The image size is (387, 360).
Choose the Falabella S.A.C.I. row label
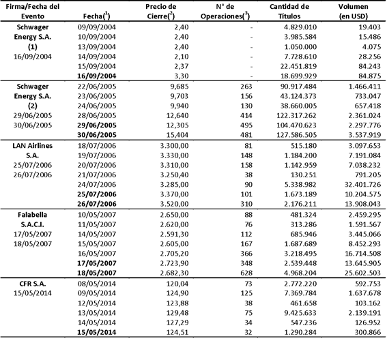(x=30, y=228)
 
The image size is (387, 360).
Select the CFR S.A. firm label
(x=30, y=286)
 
